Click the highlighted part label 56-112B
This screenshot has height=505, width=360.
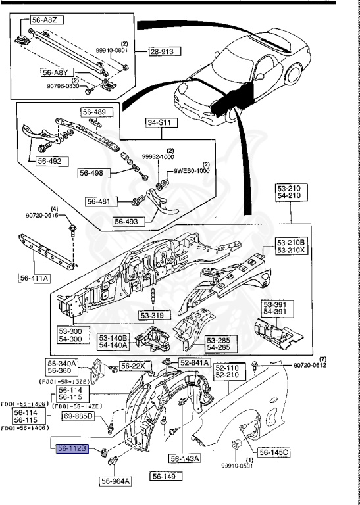coord(72,449)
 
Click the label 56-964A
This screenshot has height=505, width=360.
coord(116,481)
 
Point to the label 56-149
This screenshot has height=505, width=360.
coord(163,477)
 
